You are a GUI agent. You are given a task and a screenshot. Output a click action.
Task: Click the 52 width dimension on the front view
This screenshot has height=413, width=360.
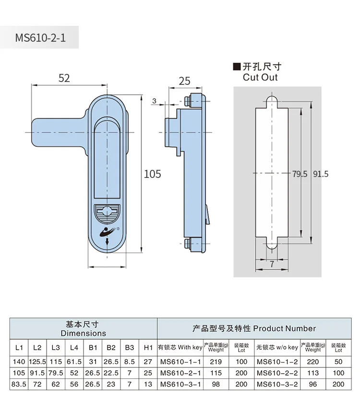[x=64, y=78]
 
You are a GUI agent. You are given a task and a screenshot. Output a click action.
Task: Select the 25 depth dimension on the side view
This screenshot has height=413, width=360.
[x=185, y=81]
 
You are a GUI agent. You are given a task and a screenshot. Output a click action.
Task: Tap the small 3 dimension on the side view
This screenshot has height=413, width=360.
[x=154, y=100]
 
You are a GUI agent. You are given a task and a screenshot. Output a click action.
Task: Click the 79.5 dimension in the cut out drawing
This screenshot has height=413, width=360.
[x=300, y=174]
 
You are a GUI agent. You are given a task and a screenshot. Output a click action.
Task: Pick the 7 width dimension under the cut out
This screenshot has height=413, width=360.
[x=271, y=264]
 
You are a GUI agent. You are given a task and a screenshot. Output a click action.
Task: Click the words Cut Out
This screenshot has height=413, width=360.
[x=260, y=77]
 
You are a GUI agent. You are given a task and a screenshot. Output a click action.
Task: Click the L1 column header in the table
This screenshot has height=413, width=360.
[x=19, y=347]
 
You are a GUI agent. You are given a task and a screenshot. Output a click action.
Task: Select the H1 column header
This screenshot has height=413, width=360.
[x=148, y=347]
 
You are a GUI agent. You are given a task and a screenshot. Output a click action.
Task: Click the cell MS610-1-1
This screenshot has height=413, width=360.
[x=180, y=361]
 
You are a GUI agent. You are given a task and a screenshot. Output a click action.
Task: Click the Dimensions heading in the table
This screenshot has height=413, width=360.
[x=84, y=332]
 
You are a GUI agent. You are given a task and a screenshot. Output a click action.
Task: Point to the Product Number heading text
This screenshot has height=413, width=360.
[x=284, y=329]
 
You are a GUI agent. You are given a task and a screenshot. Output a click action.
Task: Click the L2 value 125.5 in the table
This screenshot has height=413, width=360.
[x=37, y=361]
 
